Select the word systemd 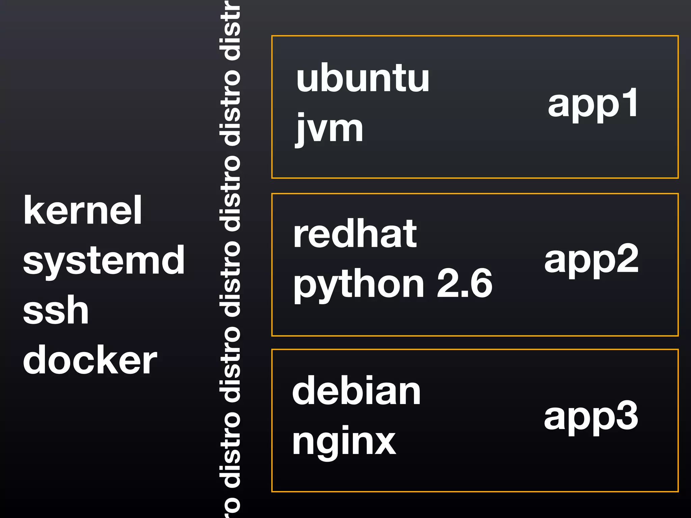click(104, 260)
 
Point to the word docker click(90, 360)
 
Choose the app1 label click(593, 103)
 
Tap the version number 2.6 click(465, 283)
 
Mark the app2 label click(591, 260)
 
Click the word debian click(356, 391)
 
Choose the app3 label click(591, 417)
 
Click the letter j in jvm click(300, 130)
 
